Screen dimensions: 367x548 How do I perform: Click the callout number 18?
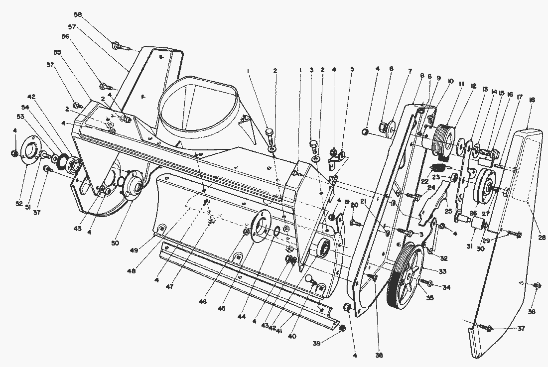click(x=532, y=100)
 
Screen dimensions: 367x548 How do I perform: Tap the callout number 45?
click(x=222, y=308)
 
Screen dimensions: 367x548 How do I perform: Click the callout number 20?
click(x=355, y=205)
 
